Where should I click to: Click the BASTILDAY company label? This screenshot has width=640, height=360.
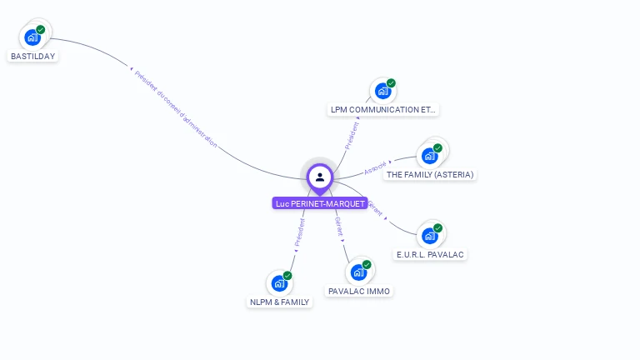(32, 57)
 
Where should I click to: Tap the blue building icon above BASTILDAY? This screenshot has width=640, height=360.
(32, 37)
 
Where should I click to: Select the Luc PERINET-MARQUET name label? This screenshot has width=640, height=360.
(320, 203)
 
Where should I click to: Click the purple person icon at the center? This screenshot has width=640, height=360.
(320, 177)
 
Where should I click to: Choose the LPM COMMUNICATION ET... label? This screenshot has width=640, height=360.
(383, 109)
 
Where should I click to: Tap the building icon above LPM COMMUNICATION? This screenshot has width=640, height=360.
(382, 91)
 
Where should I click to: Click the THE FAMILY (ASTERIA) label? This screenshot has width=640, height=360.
(430, 175)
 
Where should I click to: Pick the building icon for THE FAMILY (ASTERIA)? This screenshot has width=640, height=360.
(430, 155)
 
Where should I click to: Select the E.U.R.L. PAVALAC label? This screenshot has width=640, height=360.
(430, 254)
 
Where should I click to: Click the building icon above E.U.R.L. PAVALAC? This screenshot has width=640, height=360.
(430, 236)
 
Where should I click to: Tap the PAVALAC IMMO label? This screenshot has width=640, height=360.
(359, 292)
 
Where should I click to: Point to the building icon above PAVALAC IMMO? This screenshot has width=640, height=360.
(359, 272)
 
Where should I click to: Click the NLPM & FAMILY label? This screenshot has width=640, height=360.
(280, 302)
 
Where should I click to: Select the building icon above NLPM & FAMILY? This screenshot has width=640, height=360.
(280, 283)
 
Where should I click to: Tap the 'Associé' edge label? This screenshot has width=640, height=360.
(376, 167)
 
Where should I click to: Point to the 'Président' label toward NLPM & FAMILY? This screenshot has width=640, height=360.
(299, 233)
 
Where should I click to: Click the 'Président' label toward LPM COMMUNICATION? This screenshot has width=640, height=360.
(352, 136)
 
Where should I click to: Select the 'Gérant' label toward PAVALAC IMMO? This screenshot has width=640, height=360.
(339, 227)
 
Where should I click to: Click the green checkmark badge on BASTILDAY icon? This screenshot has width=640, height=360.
(41, 30)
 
